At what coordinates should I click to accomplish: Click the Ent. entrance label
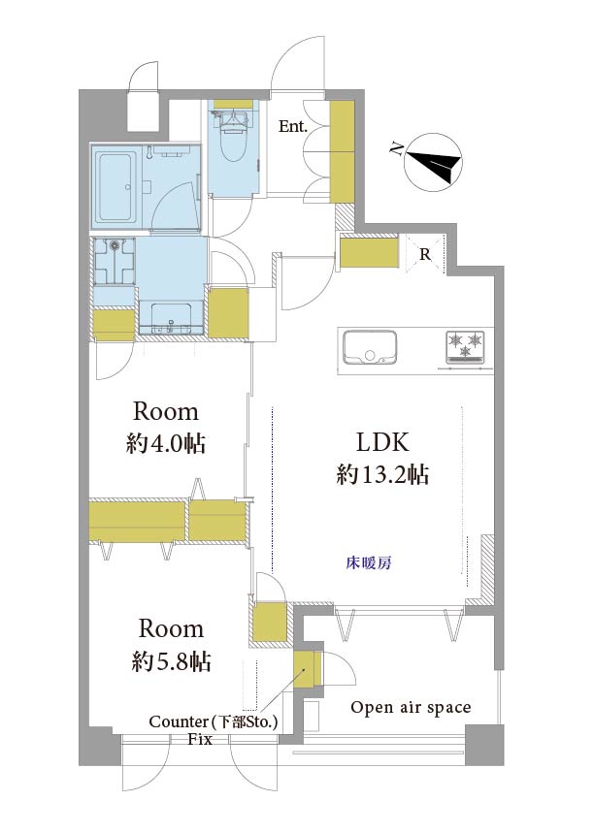pyautogui.click(x=293, y=127)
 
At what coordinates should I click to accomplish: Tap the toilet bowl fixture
pyautogui.click(x=232, y=135)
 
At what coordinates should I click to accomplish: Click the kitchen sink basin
pyautogui.click(x=370, y=347)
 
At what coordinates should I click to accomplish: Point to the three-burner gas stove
pyautogui.click(x=465, y=348)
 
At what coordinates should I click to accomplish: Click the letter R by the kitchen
pyautogui.click(x=425, y=255)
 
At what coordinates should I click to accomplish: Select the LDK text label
pyautogui.click(x=382, y=442)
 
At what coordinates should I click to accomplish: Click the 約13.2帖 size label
pyautogui.click(x=382, y=474)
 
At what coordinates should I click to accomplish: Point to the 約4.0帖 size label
pyautogui.click(x=166, y=443)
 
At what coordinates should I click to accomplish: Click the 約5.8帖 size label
pyautogui.click(x=171, y=661)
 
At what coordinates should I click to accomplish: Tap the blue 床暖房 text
pyautogui.click(x=369, y=562)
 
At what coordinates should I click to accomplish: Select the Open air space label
pyautogui.click(x=411, y=708)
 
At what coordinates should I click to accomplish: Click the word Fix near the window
pyautogui.click(x=199, y=739)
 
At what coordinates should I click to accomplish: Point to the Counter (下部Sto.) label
pyautogui.click(x=214, y=722)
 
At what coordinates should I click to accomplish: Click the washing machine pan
pyautogui.click(x=115, y=261)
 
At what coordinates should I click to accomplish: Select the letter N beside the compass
pyautogui.click(x=395, y=149)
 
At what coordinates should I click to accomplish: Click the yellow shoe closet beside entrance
pyautogui.click(x=342, y=151)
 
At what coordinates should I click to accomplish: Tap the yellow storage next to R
pyautogui.click(x=369, y=253)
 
